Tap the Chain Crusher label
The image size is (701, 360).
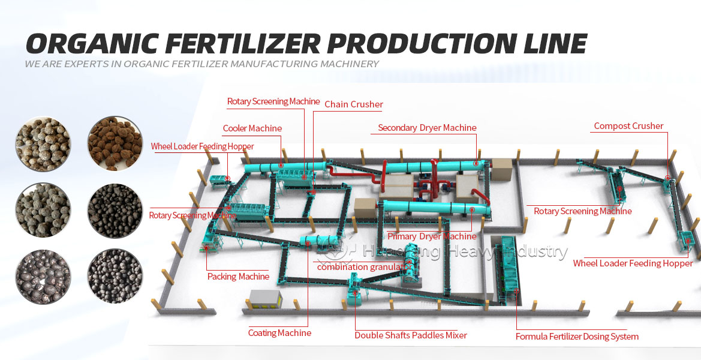pyautogui.click(x=353, y=104)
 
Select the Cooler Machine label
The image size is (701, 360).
pyautogui.click(x=252, y=128)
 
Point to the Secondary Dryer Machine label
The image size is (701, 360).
pyautogui.click(x=427, y=128)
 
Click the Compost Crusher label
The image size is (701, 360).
pyautogui.click(x=628, y=126)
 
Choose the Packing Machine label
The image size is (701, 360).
pyautogui.click(x=238, y=277)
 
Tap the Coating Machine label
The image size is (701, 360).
pyautogui.click(x=279, y=333)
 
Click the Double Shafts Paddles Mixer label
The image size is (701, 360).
pyautogui.click(x=410, y=335)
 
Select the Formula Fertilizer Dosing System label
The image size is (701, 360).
pyautogui.click(x=577, y=337)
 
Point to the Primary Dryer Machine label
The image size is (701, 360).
pyautogui.click(x=432, y=236)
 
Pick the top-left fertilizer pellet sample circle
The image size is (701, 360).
pyautogui.click(x=43, y=144)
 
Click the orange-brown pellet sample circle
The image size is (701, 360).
pyautogui.click(x=115, y=144)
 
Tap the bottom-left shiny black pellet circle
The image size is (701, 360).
pyautogui.click(x=43, y=276)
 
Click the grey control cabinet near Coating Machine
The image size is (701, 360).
pyautogui.click(x=265, y=298)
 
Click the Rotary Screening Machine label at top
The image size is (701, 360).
pyautogui.click(x=273, y=101)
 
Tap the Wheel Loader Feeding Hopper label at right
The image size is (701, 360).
pyautogui.click(x=633, y=263)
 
